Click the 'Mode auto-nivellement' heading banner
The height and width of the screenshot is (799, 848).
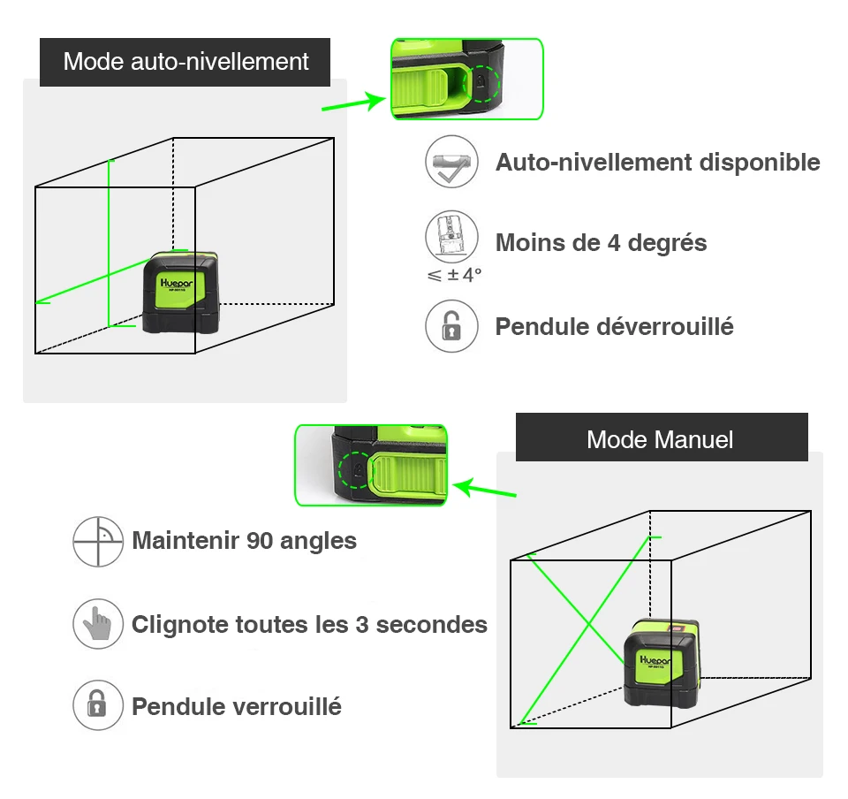coord(185,62)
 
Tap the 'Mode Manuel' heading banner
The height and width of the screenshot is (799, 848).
coord(661,439)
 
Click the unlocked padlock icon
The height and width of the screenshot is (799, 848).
coord(451,326)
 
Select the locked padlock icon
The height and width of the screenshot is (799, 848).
coord(98,705)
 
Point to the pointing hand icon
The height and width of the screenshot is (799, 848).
coord(98,624)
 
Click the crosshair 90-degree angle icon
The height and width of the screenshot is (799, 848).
coord(98,541)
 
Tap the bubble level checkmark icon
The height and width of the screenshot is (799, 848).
coord(451,162)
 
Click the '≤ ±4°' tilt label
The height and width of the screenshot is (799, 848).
coord(454,275)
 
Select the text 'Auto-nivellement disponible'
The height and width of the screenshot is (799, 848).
coord(657,163)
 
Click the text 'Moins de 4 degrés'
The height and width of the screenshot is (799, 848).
coord(601,242)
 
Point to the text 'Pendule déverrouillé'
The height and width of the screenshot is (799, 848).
coord(614,326)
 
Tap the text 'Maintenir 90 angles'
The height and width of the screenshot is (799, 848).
coord(244,540)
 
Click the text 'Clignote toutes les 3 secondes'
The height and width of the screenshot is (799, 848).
coord(309,625)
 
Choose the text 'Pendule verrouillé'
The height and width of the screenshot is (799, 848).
coord(236,706)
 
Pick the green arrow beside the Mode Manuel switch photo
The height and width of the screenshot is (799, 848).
coord(485,487)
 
